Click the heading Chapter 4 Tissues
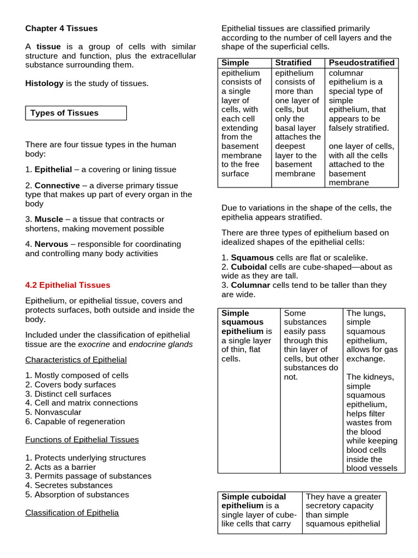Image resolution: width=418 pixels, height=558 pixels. [62, 28]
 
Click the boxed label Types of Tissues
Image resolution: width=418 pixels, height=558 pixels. [64, 113]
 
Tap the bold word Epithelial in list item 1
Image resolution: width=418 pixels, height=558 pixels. [53, 169]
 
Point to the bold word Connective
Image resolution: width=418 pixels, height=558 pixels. [57, 185]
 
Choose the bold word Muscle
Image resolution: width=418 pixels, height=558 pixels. [48, 219]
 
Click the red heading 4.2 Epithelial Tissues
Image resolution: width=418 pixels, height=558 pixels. [67, 285]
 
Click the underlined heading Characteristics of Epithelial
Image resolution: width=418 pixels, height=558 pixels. [76, 360]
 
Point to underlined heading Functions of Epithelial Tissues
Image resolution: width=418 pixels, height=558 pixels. [82, 439]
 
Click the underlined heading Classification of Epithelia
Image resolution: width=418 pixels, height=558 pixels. [72, 512]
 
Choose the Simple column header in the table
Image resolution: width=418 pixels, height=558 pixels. [235, 63]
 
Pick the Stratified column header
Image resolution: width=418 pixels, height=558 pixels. [293, 63]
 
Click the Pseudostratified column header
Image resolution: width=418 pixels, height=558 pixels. [361, 63]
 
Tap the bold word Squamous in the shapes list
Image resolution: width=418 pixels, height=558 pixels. [252, 257]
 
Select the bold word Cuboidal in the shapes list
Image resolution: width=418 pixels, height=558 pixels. [249, 267]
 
